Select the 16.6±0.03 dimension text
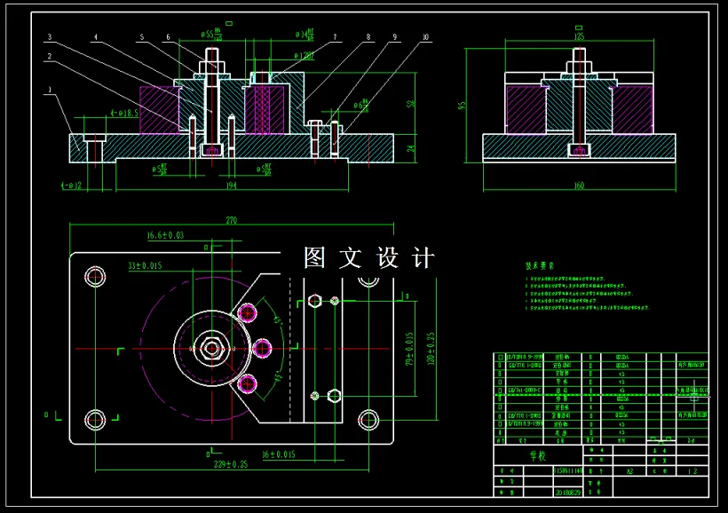tap(166, 235)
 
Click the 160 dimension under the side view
tap(579, 185)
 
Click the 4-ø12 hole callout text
tap(72, 186)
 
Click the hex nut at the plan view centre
tap(212, 348)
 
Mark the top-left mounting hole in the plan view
tap(95, 276)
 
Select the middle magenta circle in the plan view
tap(264, 349)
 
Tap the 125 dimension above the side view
tap(579, 37)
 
